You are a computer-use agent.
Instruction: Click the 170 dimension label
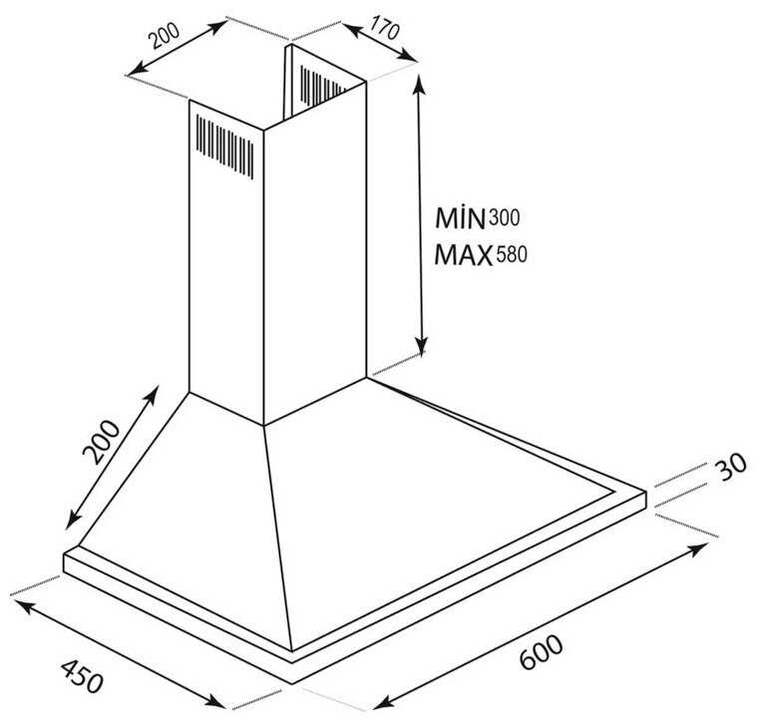click(x=384, y=28)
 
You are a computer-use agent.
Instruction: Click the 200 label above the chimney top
click(x=165, y=36)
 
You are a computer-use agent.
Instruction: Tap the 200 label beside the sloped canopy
click(x=101, y=442)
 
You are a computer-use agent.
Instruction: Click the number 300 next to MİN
click(x=504, y=217)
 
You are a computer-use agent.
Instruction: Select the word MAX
click(x=463, y=254)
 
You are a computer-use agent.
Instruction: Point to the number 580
click(x=511, y=254)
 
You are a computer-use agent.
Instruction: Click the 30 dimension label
click(x=730, y=466)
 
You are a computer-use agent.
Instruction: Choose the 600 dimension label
click(x=541, y=651)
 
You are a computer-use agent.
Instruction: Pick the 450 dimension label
click(x=83, y=675)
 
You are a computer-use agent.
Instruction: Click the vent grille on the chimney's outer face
click(x=224, y=147)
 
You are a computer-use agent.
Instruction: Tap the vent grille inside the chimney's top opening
click(x=322, y=86)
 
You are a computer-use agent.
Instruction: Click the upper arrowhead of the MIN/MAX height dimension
click(x=419, y=84)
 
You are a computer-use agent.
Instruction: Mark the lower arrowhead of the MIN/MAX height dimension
click(x=422, y=345)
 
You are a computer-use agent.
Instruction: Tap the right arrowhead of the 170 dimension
click(x=409, y=56)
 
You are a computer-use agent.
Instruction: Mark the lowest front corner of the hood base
click(x=292, y=684)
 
